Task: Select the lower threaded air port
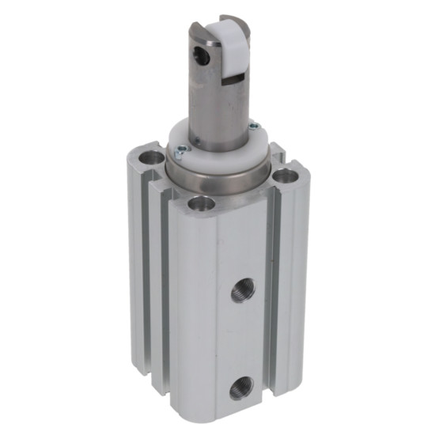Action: coord(238,389)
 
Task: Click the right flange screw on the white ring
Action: coord(252,125)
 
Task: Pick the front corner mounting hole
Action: coord(202,205)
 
